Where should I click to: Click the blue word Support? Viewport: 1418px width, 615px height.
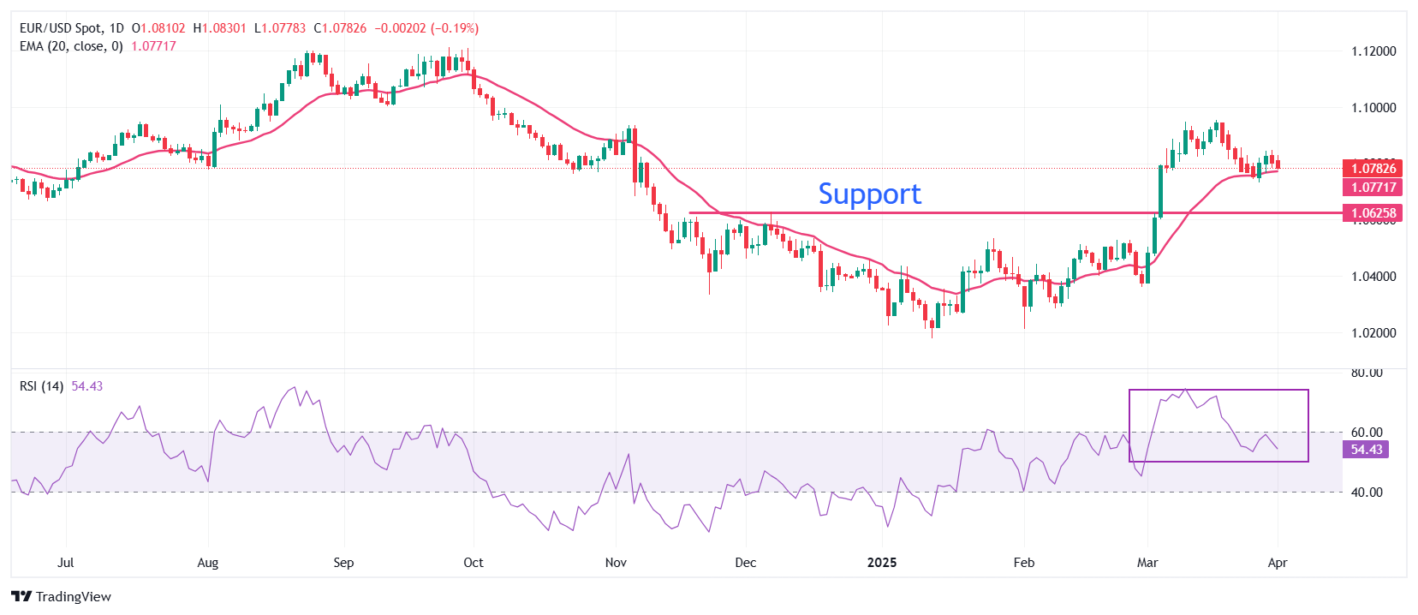pos(869,194)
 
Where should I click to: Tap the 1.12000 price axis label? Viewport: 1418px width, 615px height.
pos(1373,51)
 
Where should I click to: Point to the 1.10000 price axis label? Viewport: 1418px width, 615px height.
pos(1373,108)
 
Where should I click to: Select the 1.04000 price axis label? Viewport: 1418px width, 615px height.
pos(1373,277)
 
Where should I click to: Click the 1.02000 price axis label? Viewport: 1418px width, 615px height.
pos(1373,333)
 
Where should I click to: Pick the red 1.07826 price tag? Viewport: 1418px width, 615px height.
pos(1373,169)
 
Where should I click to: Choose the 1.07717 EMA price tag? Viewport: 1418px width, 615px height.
pos(1373,188)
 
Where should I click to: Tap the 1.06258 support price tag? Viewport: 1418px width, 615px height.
pos(1373,213)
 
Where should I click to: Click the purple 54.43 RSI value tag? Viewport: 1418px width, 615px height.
pos(1366,450)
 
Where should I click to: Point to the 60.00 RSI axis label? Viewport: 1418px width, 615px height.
pos(1367,433)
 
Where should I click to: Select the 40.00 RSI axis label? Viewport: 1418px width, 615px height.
pos(1367,493)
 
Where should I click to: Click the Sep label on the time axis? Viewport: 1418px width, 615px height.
pos(343,563)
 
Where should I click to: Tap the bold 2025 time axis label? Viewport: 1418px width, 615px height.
pos(882,563)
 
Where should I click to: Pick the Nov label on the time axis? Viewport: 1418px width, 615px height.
pos(616,563)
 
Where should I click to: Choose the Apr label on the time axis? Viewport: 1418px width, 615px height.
pos(1277,563)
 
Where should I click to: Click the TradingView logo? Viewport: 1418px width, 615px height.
pos(62,597)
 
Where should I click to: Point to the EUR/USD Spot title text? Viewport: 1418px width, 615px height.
pos(60,28)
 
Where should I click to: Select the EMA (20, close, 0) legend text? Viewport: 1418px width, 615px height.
pos(71,46)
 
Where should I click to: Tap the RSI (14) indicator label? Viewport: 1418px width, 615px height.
pos(41,386)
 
